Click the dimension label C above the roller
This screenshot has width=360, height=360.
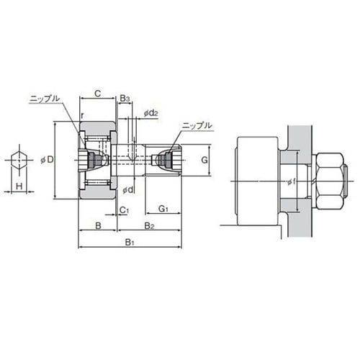(x=98, y=94)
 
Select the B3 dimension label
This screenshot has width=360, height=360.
(x=125, y=99)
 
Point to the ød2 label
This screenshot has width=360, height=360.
(x=151, y=113)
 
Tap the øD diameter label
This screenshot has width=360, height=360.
(x=48, y=160)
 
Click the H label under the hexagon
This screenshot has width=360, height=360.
(x=19, y=186)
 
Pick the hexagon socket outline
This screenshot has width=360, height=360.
(x=19, y=160)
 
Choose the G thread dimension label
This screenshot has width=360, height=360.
(x=204, y=160)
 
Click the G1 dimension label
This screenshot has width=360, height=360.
(x=163, y=209)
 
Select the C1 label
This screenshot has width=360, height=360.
(x=125, y=210)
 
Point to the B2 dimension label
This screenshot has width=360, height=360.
(x=149, y=226)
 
